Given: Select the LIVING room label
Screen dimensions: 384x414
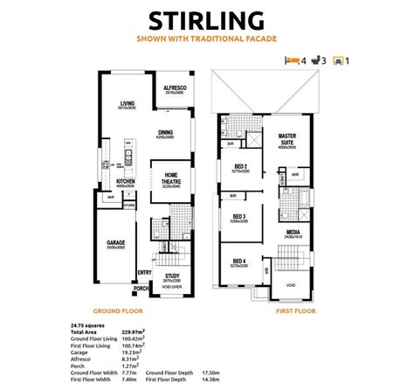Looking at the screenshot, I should pos(128,104).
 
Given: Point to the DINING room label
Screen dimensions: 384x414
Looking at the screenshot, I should pos(165,134).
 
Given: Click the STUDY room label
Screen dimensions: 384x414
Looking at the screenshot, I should pos(171,276).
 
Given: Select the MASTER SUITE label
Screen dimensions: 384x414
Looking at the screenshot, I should pos(289,141).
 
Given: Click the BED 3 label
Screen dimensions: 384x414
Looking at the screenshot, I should pos(239,217).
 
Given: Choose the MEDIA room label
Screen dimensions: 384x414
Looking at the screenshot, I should pos(293,233).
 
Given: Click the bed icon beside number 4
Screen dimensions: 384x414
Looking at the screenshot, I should pos(292,60).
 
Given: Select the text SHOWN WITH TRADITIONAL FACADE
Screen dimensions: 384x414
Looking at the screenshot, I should pos(207,39).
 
